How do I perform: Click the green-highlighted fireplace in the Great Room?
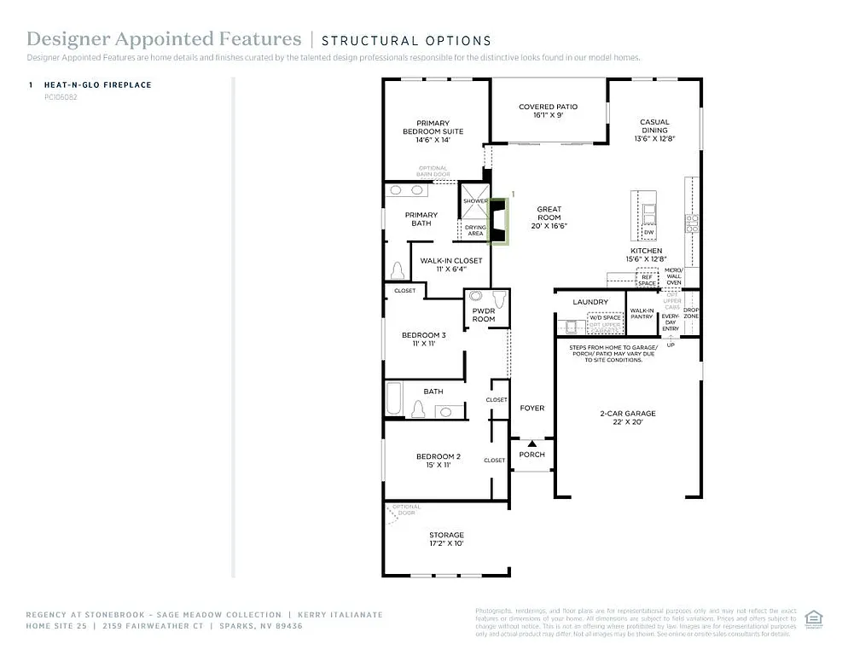497,221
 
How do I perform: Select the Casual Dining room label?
654,130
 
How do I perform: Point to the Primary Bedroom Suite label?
433,131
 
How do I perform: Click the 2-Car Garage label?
627,418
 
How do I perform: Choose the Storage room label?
446,539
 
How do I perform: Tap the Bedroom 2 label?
439,461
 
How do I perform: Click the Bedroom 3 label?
424,339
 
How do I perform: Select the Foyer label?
532,409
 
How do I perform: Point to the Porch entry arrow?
532,443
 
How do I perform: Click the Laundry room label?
590,302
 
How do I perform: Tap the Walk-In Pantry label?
642,313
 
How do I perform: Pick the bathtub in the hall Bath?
393,400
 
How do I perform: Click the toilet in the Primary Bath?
397,270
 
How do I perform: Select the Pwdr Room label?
484,316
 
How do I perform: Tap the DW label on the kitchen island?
648,232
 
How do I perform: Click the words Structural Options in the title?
406,40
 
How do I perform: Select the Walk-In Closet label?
450,264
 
